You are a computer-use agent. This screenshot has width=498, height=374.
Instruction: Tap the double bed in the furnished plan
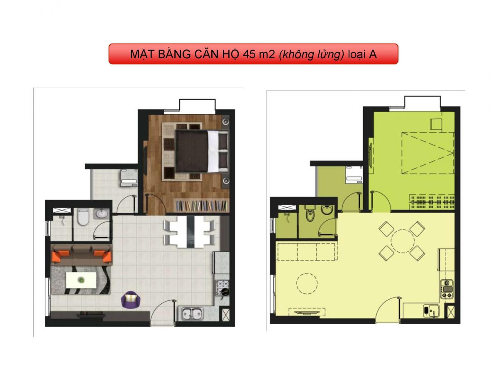coord(201,150)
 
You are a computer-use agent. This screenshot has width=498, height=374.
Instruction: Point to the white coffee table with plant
coord(81,280)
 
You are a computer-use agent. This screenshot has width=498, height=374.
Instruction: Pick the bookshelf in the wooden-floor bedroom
coord(200,205)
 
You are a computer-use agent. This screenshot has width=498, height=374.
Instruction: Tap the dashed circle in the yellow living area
coord(305,283)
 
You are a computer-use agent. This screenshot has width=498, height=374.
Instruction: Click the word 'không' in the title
coord(294,54)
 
